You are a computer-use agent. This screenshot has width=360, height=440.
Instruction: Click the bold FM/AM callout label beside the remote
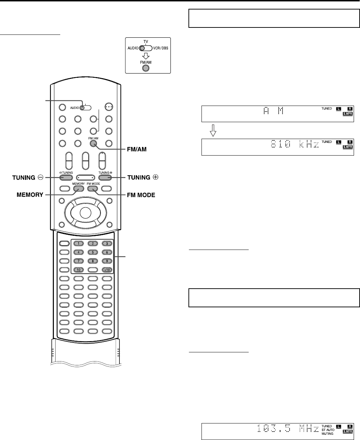136,149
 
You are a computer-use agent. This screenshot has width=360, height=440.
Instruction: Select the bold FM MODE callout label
141,195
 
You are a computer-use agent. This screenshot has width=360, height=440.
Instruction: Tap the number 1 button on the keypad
80,244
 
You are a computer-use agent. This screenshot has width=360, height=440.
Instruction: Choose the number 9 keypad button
107,261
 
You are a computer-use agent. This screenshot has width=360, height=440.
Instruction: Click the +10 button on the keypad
107,270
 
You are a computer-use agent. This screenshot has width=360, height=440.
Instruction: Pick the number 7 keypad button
80,261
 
